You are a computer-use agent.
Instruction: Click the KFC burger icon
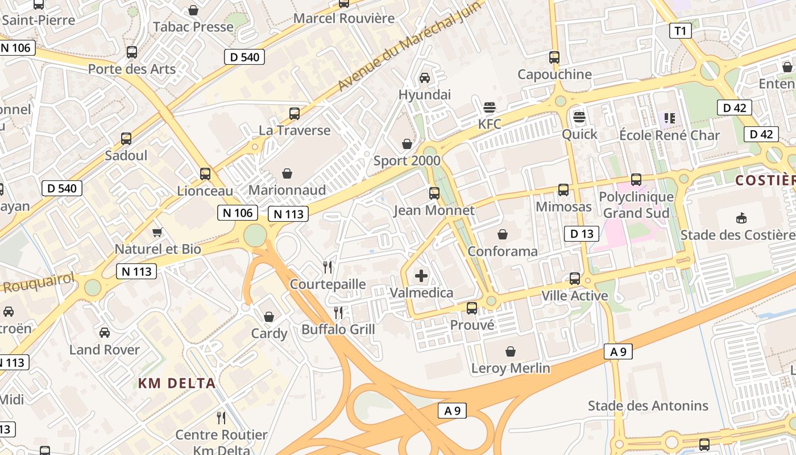coord(489,107)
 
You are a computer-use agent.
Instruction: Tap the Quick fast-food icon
coord(579,118)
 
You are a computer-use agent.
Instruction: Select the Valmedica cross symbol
coord(421,276)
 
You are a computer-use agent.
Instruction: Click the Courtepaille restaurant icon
coord(327,267)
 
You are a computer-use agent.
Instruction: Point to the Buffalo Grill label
coord(338,329)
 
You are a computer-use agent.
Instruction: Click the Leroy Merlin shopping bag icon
coord(511,351)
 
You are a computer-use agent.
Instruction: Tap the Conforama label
coord(503,251)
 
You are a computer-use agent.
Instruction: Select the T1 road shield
coord(680,31)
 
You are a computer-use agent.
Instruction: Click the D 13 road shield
coord(582,233)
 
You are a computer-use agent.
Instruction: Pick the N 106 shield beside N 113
coord(238,213)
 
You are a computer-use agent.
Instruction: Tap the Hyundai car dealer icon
coord(425,78)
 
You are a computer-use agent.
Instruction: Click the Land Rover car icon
coord(105,333)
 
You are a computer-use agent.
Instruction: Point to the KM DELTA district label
coord(177,383)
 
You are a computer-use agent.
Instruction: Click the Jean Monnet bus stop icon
coord(434,193)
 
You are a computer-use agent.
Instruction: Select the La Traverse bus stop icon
coord(295,114)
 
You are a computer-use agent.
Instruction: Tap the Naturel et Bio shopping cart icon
coord(157,232)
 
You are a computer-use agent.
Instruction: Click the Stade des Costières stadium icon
coord(741,218)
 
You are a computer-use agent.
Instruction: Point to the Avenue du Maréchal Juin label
coord(409,45)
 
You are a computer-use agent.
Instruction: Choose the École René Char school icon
coord(670,118)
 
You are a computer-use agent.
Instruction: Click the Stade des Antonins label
coord(648,406)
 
